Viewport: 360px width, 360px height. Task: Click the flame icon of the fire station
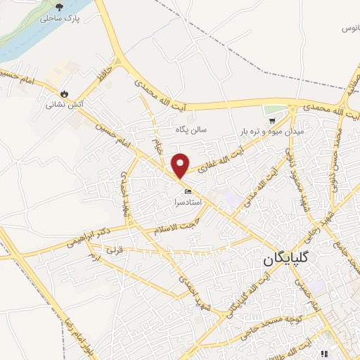point(65,93)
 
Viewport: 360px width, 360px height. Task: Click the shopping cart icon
point(269,111)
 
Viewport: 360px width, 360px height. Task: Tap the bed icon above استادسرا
point(188,191)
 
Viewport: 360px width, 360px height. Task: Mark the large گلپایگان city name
point(287,260)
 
